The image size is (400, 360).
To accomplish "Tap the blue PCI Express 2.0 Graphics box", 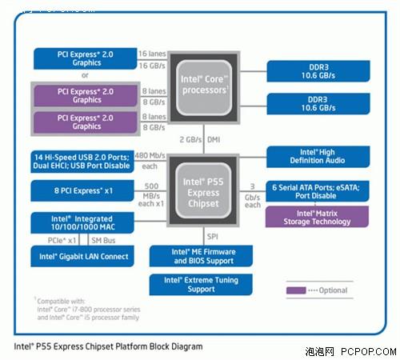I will coord(85,58).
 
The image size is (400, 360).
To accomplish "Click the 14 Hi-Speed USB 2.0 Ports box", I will coord(84,159).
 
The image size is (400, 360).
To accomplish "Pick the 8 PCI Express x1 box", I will coord(84,191).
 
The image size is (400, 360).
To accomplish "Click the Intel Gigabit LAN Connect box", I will coord(84,256).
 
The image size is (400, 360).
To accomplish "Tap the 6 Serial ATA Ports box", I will coord(317,191).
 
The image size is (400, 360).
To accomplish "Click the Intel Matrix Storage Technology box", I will coord(317,218).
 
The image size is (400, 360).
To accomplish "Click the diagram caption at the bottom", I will coord(109,347).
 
